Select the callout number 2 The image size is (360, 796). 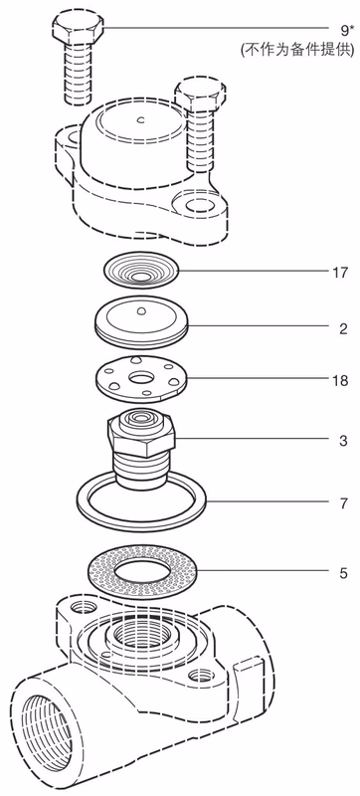pyautogui.click(x=341, y=325)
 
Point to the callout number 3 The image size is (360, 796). pyautogui.click(x=341, y=438)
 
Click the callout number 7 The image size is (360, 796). pyautogui.click(x=341, y=503)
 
